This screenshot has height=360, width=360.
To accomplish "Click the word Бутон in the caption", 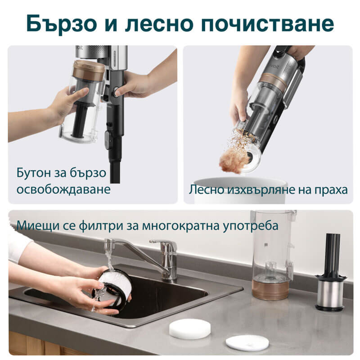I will [36, 173].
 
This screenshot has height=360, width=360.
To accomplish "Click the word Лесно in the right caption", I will [208, 189].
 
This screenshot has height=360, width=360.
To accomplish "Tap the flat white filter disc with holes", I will [247, 342].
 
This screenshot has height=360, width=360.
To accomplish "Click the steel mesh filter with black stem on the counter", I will [331, 288].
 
